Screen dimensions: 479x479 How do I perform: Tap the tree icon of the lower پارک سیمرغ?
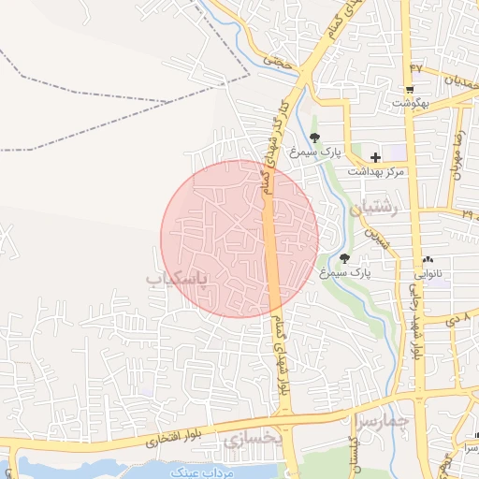(344, 258)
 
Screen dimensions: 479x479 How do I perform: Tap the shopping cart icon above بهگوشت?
(410, 90)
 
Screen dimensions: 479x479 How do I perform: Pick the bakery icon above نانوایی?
(428, 260)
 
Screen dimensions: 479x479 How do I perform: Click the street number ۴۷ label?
(416, 68)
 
